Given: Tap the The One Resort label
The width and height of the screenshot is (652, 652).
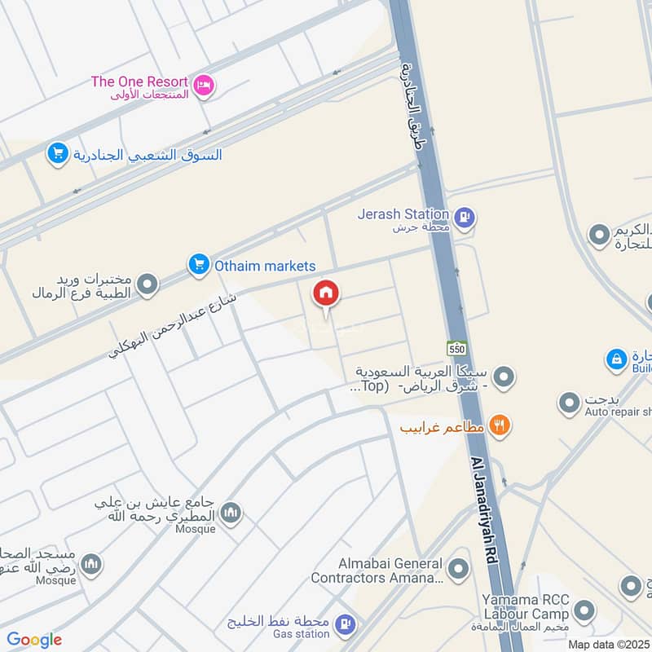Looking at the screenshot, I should pos(139,81).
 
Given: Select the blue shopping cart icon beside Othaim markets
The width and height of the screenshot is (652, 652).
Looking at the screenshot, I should pos(198,264).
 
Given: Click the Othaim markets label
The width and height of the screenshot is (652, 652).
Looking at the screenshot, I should pos(265,266).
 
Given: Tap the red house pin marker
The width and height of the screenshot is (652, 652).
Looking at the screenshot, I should pos(327,294).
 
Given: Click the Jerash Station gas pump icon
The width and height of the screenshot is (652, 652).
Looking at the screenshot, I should pos(465,218).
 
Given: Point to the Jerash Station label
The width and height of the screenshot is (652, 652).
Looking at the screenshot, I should pos(403,214).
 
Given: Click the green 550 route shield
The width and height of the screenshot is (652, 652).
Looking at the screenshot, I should pos(456,347).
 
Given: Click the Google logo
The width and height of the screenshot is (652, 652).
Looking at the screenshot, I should pos(34,640).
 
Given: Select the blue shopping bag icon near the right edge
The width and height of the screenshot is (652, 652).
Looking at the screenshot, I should pos(617,359).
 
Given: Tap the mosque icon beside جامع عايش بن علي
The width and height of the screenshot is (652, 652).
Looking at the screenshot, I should pos(231,512).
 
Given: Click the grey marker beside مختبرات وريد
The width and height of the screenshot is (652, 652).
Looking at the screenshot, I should pos(148,284).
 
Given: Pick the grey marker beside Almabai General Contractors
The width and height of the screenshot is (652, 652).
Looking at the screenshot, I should pos(459,568).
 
